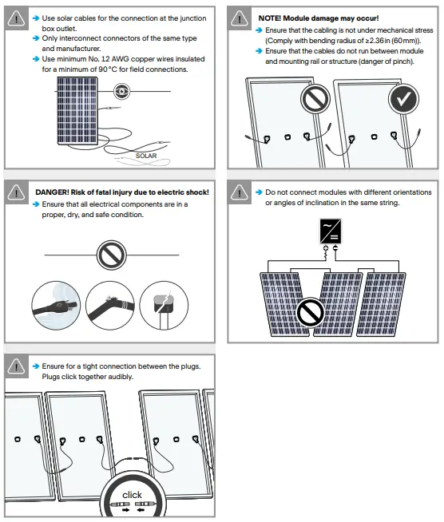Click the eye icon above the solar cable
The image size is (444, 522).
tap(121, 92)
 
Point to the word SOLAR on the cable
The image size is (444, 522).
tap(147, 156)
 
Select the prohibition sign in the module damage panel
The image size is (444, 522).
tap(315, 100)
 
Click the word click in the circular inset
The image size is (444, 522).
tap(133, 494)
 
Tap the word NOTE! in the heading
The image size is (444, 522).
tap(272, 18)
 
